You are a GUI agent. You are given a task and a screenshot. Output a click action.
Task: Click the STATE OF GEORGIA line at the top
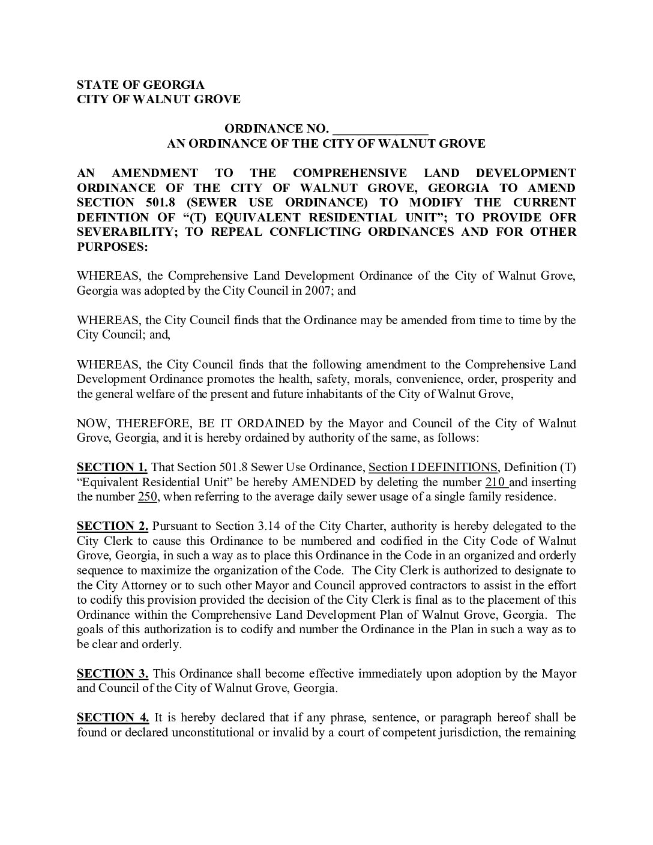(140, 85)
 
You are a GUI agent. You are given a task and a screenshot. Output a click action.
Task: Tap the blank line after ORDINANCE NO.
(380, 128)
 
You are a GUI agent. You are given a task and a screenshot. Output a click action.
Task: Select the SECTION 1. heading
(112, 468)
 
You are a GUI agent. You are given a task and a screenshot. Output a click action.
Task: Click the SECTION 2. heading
(112, 526)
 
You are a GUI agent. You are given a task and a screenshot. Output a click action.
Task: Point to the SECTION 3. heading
(112, 673)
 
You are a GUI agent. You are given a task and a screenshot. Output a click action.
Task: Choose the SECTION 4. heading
(112, 718)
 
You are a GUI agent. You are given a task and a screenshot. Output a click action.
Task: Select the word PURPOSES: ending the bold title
(112, 247)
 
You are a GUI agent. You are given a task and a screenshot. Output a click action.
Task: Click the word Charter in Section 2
(350, 526)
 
